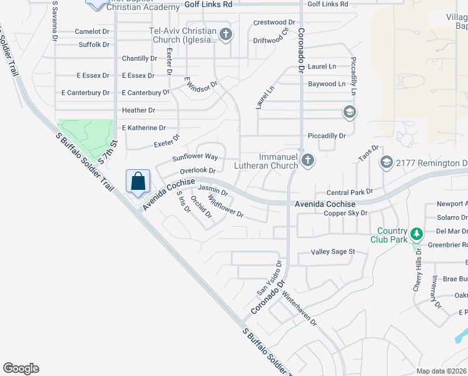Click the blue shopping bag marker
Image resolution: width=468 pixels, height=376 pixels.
138,182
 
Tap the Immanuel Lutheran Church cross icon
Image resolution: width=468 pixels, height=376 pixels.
307,160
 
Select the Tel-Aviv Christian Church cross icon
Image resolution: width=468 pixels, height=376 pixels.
226,34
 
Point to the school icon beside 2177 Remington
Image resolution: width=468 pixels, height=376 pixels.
386,163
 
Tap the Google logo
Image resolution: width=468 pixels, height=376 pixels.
21,368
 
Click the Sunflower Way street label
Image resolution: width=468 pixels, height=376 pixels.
195,157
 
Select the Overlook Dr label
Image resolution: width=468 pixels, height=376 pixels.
197,170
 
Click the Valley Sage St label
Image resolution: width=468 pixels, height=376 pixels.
333,252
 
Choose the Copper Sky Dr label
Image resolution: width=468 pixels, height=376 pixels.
345,213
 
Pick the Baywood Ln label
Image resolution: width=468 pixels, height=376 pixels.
326,83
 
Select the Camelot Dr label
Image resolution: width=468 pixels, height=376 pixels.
92,31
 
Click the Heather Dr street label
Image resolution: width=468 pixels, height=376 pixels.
139,110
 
